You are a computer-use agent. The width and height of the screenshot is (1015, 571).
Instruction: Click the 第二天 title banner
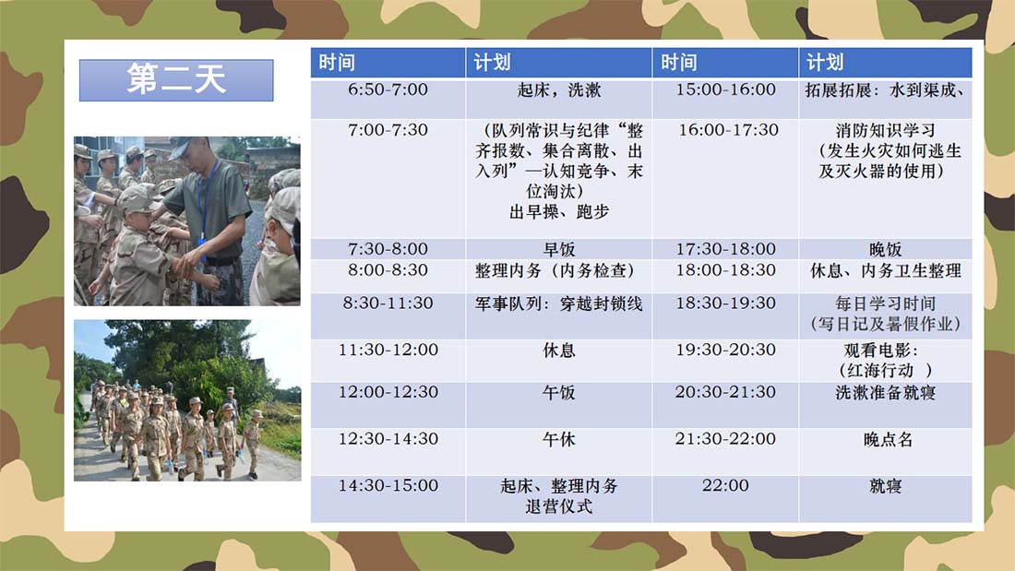176,80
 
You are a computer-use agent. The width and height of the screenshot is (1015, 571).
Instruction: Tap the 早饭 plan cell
558,249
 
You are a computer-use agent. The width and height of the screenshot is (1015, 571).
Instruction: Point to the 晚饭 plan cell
885,249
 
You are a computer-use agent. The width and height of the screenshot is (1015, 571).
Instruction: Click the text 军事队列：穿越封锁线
558,303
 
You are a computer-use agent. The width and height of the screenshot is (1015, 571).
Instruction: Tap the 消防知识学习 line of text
885,130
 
